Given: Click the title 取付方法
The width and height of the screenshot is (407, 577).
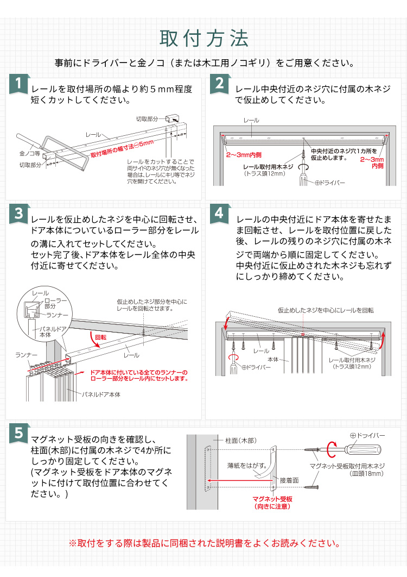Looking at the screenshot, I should pyautogui.click(x=203, y=39).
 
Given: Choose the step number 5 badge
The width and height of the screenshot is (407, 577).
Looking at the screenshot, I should pyautogui.click(x=18, y=433).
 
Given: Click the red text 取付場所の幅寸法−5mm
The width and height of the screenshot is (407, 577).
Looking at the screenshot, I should pyautogui.click(x=122, y=148).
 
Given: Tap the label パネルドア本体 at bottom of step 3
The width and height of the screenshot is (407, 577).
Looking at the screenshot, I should pyautogui.click(x=101, y=393).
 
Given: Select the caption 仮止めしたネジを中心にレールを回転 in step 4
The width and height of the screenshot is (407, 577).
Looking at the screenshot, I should pyautogui.click(x=326, y=310).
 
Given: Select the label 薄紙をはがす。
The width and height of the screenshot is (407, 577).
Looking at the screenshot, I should pyautogui.click(x=246, y=465).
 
